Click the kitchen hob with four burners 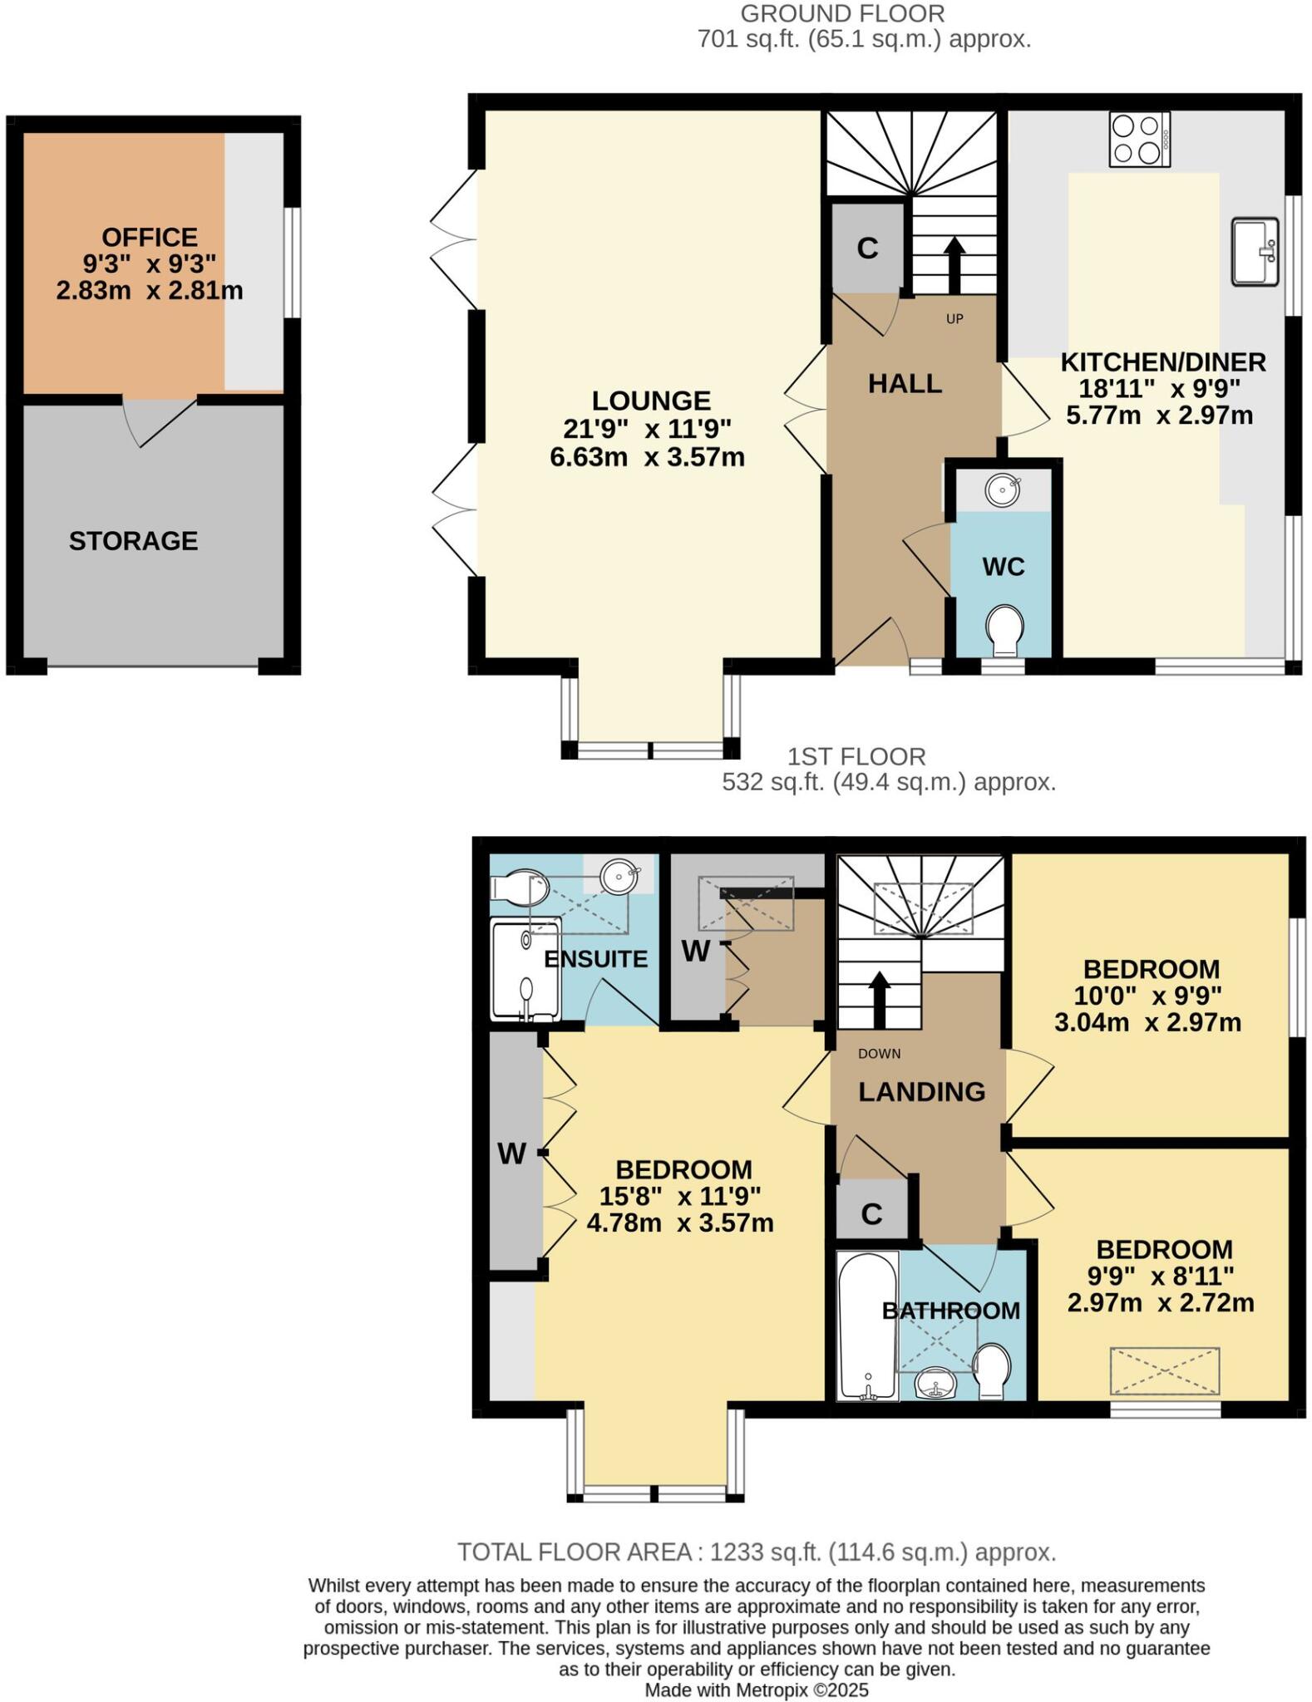click(x=1139, y=139)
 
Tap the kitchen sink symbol click(x=1255, y=252)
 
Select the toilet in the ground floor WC click(x=1004, y=631)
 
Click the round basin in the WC click(x=1003, y=489)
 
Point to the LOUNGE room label click(x=651, y=401)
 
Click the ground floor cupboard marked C click(x=867, y=248)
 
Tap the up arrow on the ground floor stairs click(x=954, y=265)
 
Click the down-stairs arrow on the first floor click(x=879, y=1001)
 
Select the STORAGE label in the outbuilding click(x=133, y=541)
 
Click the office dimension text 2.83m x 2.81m click(x=150, y=291)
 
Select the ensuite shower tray click(x=525, y=970)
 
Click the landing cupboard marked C click(x=871, y=1214)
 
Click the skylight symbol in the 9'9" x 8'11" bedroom click(x=1164, y=1371)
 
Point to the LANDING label click(x=921, y=1091)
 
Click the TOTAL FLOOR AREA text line click(x=757, y=1552)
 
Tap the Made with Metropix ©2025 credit click(x=757, y=1690)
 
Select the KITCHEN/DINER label click(x=1162, y=362)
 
